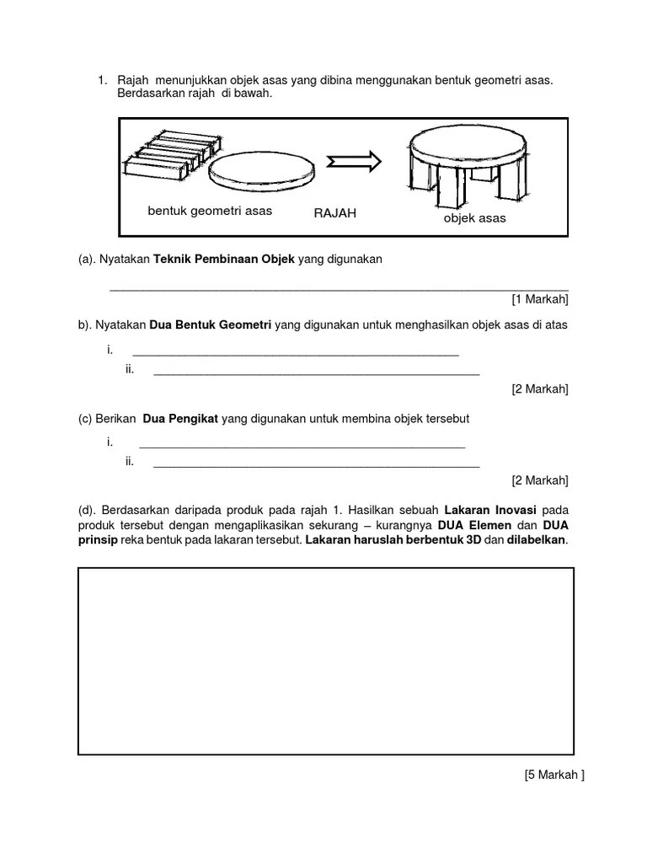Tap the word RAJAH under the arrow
[334, 213]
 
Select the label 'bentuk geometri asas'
[210, 211]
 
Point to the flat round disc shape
[262, 173]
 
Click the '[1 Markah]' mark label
[539, 298]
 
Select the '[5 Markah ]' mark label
[553, 776]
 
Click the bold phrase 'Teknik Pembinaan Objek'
[224, 260]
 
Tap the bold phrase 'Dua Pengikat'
[180, 418]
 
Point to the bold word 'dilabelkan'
[537, 540]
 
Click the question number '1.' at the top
[102, 80]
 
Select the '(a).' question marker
[87, 260]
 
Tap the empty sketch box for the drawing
[325, 661]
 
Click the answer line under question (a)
[339, 287]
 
